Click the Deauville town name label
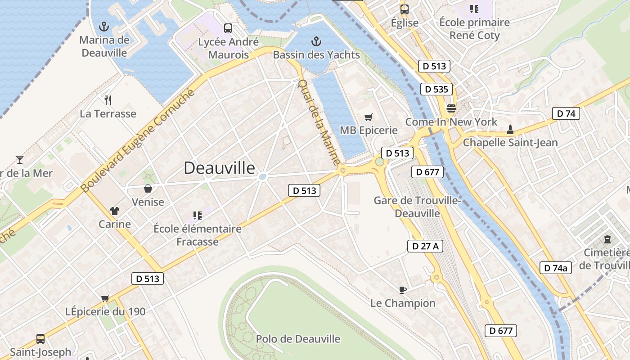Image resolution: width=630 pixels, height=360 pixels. tap(219, 168)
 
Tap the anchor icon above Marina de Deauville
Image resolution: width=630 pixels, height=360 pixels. tap(104, 26)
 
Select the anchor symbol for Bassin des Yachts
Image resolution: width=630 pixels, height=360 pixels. tap(316, 41)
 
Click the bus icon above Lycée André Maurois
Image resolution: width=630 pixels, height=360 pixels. tap(228, 28)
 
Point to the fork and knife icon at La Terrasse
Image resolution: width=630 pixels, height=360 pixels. tap(108, 100)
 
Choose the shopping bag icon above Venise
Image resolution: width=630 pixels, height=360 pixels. tap(148, 189)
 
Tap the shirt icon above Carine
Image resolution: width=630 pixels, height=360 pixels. tap(115, 211)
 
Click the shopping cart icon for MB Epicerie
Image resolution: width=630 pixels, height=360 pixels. tap(369, 117)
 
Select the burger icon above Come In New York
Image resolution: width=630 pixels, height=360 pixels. tap(451, 108)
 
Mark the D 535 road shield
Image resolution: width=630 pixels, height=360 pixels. tap(436, 89)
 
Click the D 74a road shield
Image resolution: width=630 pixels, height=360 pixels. tap(555, 268)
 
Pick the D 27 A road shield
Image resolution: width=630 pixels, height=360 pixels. tap(425, 246)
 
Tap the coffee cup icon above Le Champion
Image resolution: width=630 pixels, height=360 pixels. tap(403, 290)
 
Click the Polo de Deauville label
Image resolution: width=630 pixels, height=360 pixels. tap(298, 339)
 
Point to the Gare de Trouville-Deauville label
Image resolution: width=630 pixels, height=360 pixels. tap(418, 207)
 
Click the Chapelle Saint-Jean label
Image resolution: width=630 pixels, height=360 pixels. tap(510, 143)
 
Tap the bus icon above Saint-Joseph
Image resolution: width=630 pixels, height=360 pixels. tap(40, 338)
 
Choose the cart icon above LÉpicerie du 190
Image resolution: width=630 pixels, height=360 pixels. tap(105, 298)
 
